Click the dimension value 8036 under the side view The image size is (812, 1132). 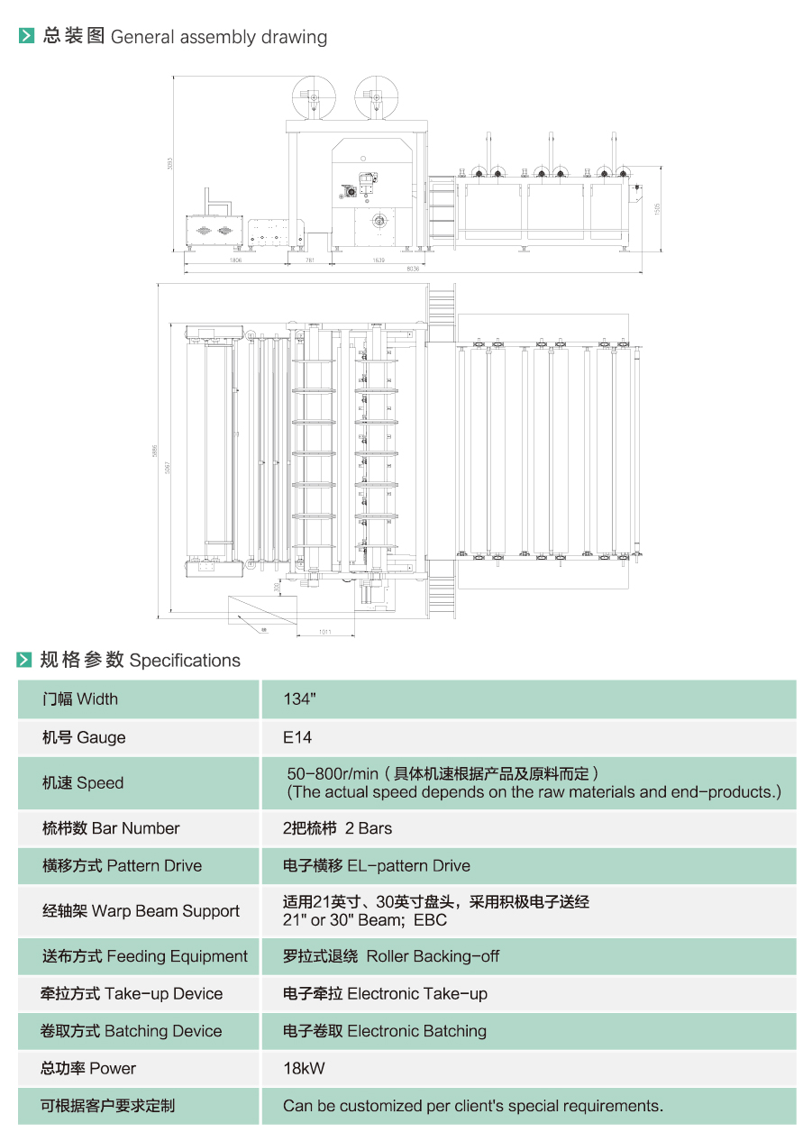[413, 269]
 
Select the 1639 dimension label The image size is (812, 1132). [379, 260]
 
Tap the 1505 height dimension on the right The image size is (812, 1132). [658, 207]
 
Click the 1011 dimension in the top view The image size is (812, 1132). [324, 632]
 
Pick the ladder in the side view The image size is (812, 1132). [442, 212]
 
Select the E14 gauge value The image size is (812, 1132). [297, 737]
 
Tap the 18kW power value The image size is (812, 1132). [304, 1069]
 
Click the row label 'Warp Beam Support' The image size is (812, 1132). [166, 911]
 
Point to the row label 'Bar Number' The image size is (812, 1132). [135, 828]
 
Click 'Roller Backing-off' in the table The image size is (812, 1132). [433, 956]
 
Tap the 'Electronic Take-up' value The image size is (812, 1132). [417, 994]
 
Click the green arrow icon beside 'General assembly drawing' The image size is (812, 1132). [26, 37]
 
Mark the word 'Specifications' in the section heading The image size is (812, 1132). [185, 661]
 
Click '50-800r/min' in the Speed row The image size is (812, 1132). [332, 774]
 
